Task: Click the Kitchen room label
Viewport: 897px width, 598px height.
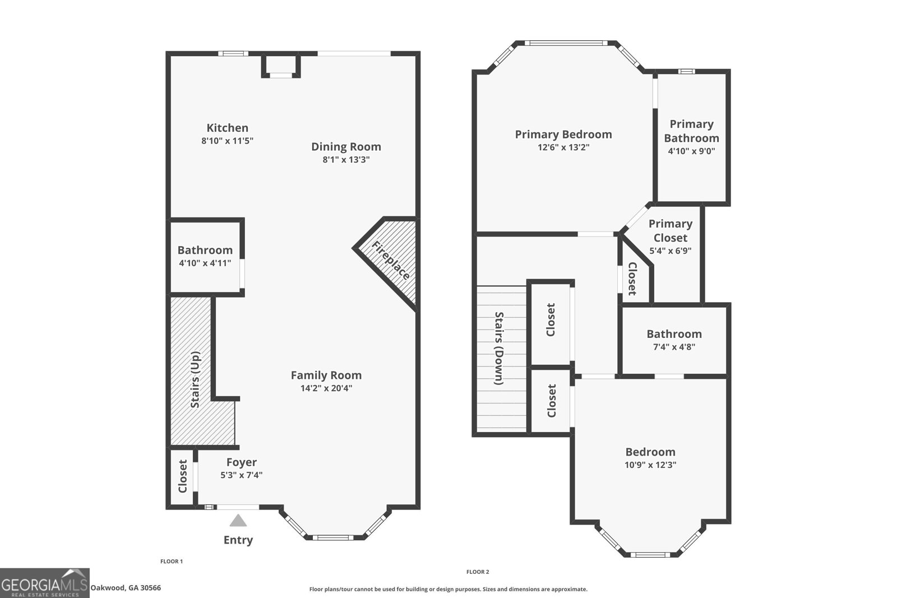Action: click(x=227, y=128)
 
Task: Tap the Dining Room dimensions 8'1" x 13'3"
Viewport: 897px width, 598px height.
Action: click(x=346, y=159)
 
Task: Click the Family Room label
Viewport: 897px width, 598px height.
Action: click(x=326, y=375)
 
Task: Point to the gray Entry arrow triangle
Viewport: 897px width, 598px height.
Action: click(x=238, y=521)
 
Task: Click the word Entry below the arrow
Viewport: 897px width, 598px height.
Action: click(x=238, y=540)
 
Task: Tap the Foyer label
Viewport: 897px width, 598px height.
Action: click(x=242, y=462)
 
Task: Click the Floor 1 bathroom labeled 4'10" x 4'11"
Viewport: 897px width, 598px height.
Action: click(x=205, y=256)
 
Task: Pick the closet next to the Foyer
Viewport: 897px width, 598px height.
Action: click(x=182, y=476)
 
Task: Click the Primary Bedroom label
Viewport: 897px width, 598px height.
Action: click(x=563, y=135)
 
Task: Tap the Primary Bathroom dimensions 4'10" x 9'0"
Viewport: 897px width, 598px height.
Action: click(x=691, y=151)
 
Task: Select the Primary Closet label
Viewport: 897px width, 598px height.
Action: click(x=671, y=230)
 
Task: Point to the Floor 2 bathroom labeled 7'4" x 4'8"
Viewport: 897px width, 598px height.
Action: click(x=674, y=340)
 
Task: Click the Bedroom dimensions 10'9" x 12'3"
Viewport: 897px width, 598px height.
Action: click(x=650, y=465)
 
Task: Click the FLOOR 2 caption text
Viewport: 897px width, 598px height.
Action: click(x=478, y=572)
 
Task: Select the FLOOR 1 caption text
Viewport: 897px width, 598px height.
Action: click(x=172, y=561)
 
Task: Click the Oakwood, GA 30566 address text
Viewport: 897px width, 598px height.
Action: click(x=126, y=588)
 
